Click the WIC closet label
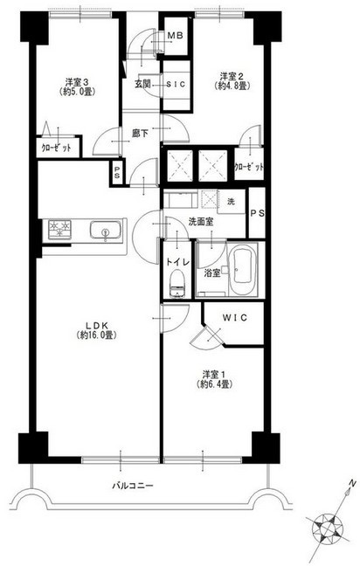point(235,318)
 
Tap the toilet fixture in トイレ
point(177,284)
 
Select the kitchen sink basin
point(105,230)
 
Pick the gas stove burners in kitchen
point(60,230)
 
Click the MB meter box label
point(176,36)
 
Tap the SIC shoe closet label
point(176,84)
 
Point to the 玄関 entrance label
point(142,84)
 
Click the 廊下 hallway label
point(140,134)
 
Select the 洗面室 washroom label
point(201,222)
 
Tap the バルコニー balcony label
point(133,486)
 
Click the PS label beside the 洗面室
point(258,213)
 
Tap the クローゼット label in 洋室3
point(56,148)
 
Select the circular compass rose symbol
point(327,529)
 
